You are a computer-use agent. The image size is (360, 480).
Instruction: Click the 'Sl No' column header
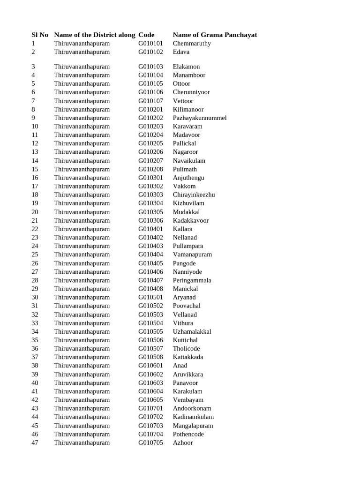[40, 35]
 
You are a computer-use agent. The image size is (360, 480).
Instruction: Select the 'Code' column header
[146, 35]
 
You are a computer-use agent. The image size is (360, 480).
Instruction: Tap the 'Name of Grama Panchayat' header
[215, 35]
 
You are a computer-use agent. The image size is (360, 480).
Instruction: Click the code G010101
[150, 44]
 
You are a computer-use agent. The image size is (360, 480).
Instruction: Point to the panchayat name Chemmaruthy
[192, 44]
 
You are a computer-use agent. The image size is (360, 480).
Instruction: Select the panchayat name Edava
[181, 52]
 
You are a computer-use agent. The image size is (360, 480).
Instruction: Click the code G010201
[150, 110]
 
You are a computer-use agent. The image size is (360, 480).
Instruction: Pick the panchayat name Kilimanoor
[188, 110]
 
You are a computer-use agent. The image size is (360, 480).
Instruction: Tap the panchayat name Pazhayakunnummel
[200, 118]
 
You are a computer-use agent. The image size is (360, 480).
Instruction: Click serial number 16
[35, 178]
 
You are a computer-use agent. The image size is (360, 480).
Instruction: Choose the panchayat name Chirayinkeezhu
[194, 195]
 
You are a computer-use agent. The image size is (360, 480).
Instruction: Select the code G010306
[150, 220]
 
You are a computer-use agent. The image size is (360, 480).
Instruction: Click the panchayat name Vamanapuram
[192, 255]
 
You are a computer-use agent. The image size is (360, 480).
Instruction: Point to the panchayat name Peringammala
[192, 280]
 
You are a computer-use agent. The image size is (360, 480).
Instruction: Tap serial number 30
[35, 297]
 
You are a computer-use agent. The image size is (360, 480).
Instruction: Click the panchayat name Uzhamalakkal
[192, 331]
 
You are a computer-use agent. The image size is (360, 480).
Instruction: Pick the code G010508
[150, 357]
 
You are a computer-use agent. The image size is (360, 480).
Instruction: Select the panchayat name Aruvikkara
[188, 375]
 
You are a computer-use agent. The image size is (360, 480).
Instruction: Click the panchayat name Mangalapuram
[193, 426]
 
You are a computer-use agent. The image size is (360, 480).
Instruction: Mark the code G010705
[150, 442]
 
